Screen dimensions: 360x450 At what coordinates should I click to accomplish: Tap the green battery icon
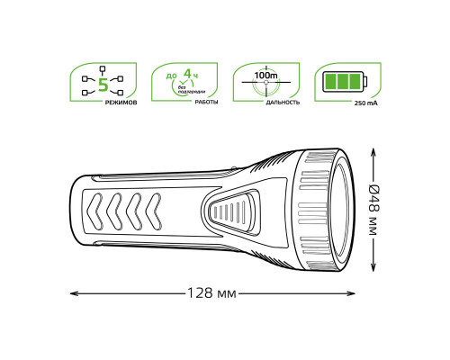coord(346,82)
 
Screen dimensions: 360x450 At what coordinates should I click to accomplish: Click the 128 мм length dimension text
coord(212,293)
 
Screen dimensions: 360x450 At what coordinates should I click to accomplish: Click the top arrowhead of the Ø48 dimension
coord(373,152)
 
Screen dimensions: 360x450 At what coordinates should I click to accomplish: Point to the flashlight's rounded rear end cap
coord(76,212)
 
